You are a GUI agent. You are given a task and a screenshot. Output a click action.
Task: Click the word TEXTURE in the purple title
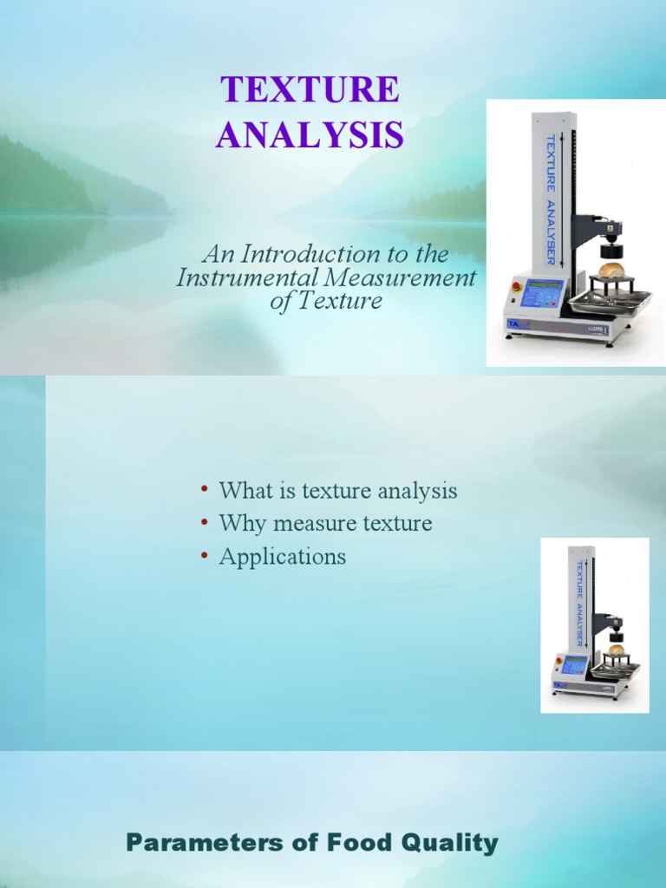310,91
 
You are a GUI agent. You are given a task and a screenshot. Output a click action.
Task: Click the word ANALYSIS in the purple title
310,135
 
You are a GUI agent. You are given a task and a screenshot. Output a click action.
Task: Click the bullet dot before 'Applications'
205,556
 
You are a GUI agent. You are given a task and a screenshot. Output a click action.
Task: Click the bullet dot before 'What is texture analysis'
205,490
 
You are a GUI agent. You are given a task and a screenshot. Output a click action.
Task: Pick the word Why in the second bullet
240,524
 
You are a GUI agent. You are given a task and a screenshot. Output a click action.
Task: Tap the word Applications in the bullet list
283,557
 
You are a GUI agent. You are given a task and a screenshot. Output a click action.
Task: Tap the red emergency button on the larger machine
517,287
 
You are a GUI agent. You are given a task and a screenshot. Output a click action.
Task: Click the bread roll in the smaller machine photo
616,649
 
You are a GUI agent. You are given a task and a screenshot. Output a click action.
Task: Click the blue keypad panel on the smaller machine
574,665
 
